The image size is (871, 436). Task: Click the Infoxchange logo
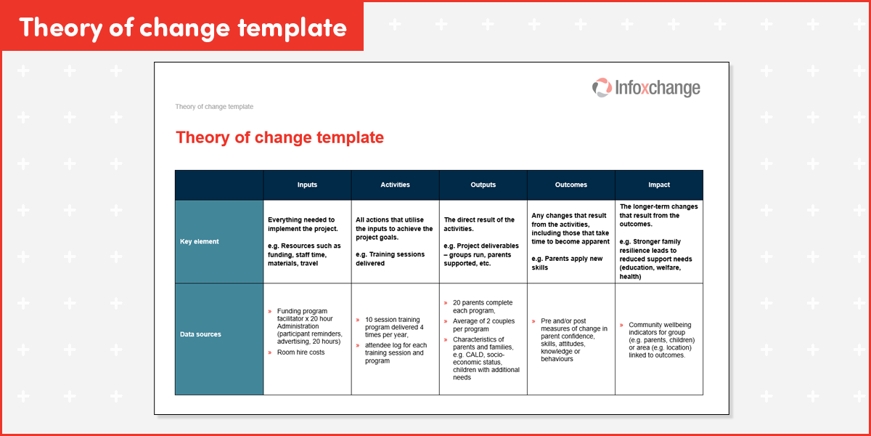(646, 88)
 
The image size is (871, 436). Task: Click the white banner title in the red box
(182, 27)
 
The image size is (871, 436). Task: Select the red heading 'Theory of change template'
(279, 137)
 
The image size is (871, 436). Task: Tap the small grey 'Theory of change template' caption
(214, 107)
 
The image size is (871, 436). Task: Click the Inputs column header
(307, 185)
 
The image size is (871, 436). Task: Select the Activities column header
(395, 185)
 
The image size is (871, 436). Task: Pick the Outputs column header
(483, 185)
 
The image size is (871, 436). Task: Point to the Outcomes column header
(571, 185)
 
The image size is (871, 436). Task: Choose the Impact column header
(658, 185)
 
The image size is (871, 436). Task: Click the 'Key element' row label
(200, 241)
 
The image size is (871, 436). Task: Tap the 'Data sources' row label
(200, 334)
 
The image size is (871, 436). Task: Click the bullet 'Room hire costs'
(300, 352)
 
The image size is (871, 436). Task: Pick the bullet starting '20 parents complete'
(482, 307)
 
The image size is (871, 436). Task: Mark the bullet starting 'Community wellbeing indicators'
(661, 340)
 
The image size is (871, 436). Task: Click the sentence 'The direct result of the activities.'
(480, 224)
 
